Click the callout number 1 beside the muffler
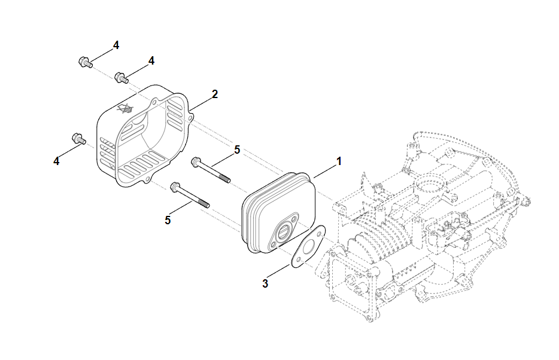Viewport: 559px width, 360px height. [339, 161]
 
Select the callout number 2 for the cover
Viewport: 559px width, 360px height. [215, 94]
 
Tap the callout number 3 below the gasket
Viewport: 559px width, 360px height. [265, 283]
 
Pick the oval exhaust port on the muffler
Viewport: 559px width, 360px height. [284, 230]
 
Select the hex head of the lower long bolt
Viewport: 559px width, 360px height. [175, 187]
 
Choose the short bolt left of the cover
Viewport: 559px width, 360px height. [77, 138]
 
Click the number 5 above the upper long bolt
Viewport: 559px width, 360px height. [237, 150]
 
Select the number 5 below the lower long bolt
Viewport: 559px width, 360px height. [168, 220]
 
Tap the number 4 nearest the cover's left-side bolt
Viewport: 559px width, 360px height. [57, 161]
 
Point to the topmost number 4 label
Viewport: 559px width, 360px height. [116, 45]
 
